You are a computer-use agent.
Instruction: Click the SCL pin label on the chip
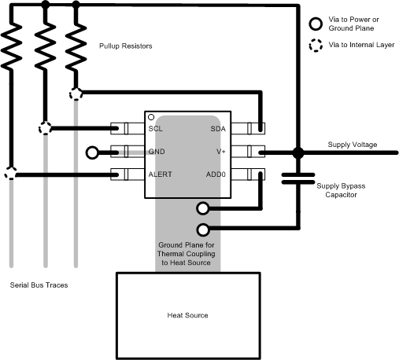point(156,127)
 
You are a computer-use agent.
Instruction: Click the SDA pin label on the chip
point(218,127)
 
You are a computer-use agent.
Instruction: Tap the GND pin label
point(157,151)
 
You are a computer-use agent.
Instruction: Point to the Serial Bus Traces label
point(39,285)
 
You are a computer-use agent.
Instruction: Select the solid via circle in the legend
point(316,23)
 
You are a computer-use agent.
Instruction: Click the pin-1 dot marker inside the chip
point(151,116)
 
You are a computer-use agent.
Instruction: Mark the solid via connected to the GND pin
point(93,152)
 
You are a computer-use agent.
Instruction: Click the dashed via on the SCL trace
point(45,128)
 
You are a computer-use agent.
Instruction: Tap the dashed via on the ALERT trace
point(11,174)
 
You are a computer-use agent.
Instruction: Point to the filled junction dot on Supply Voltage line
point(298,152)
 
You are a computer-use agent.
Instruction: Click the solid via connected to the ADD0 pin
point(203,208)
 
